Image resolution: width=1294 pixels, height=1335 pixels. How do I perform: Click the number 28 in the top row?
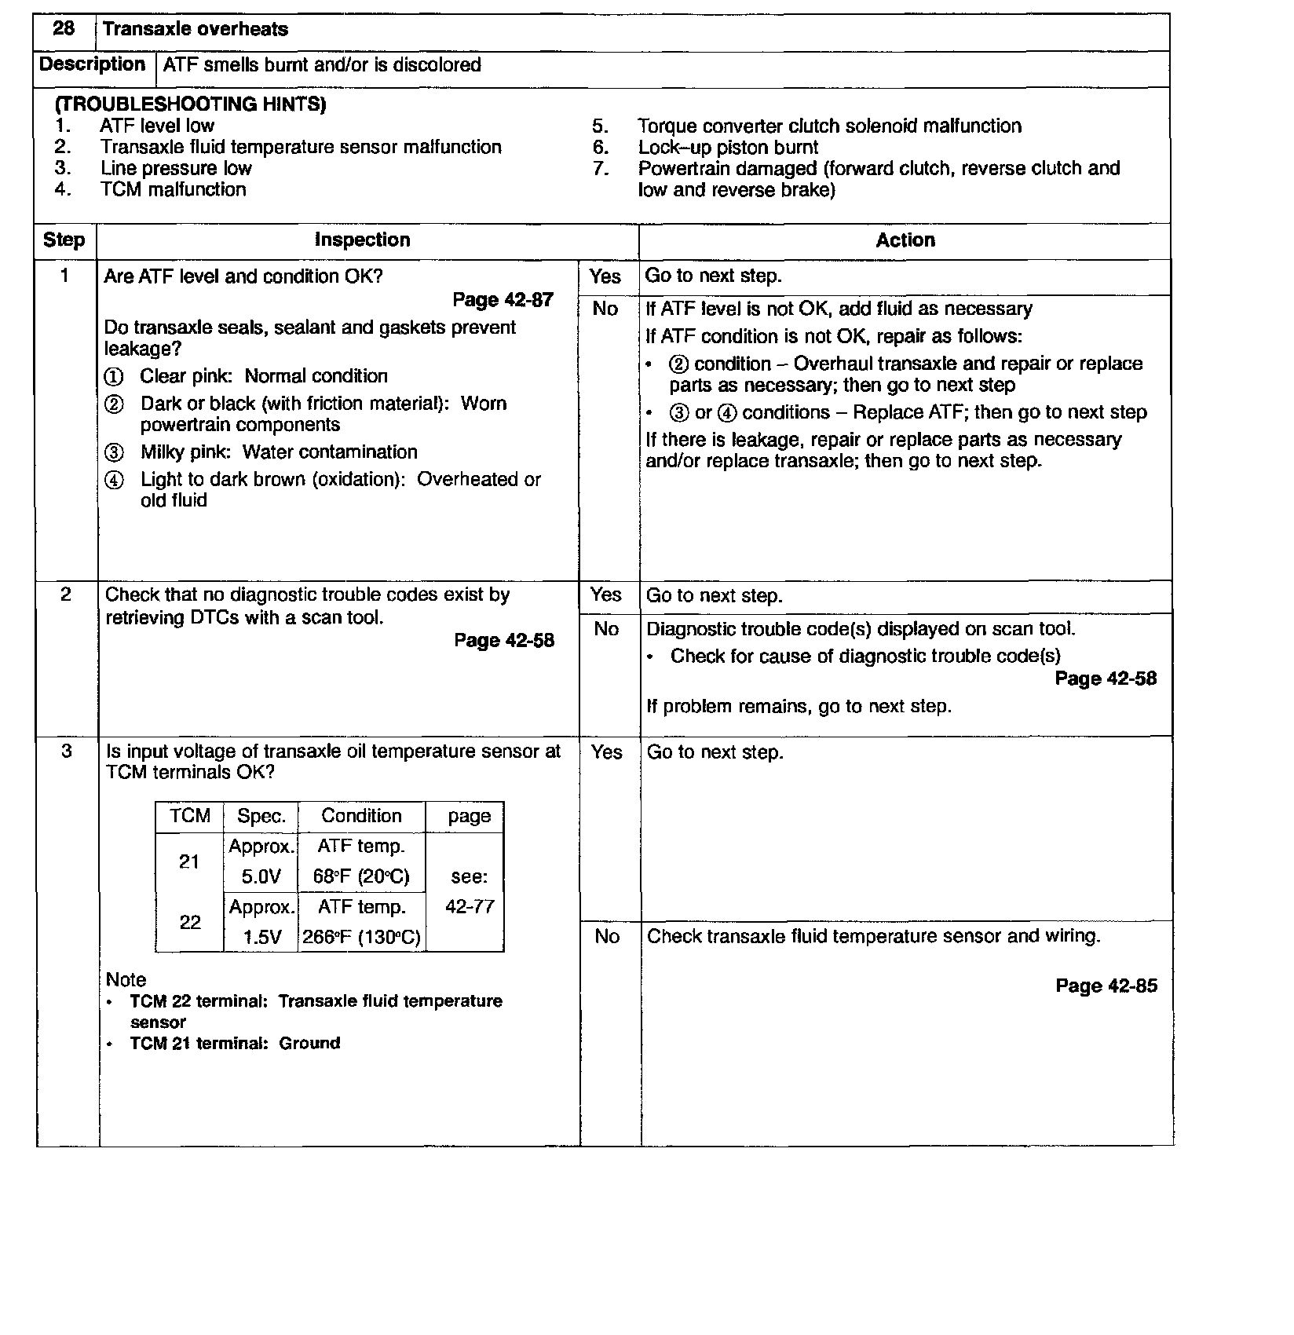[x=64, y=29]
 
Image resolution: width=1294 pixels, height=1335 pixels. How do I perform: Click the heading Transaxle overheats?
[x=195, y=30]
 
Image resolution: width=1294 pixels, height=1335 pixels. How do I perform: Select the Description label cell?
[x=93, y=64]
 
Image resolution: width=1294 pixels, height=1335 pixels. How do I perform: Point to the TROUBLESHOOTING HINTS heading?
[x=190, y=104]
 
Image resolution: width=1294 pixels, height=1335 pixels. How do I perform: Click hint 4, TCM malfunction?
[x=173, y=189]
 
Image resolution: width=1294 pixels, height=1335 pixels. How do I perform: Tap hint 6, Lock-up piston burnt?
[x=727, y=148]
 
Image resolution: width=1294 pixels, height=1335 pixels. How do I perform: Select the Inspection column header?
[x=362, y=240]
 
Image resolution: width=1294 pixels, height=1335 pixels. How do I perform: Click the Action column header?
[x=905, y=240]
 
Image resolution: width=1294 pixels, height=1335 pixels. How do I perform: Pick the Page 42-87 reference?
[x=503, y=300]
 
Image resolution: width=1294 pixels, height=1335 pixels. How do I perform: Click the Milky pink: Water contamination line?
[x=278, y=452]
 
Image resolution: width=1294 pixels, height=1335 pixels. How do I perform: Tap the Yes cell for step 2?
[x=605, y=595]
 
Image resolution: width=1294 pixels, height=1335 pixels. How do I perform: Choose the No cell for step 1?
[x=605, y=309]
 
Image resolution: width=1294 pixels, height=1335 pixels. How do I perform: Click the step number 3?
[x=66, y=752]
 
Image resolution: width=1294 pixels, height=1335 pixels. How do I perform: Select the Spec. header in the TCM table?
[x=260, y=817]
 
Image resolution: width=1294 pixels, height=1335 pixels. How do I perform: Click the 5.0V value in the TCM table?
[x=261, y=877]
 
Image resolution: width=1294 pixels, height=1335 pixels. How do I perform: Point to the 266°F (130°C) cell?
[x=361, y=938]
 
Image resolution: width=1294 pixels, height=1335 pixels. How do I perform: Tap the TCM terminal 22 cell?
[x=190, y=923]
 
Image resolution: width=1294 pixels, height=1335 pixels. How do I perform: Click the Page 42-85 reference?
[x=1106, y=986]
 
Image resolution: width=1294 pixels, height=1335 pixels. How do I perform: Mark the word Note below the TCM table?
[x=126, y=980]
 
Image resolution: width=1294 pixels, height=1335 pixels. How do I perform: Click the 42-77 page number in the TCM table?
[x=470, y=907]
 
